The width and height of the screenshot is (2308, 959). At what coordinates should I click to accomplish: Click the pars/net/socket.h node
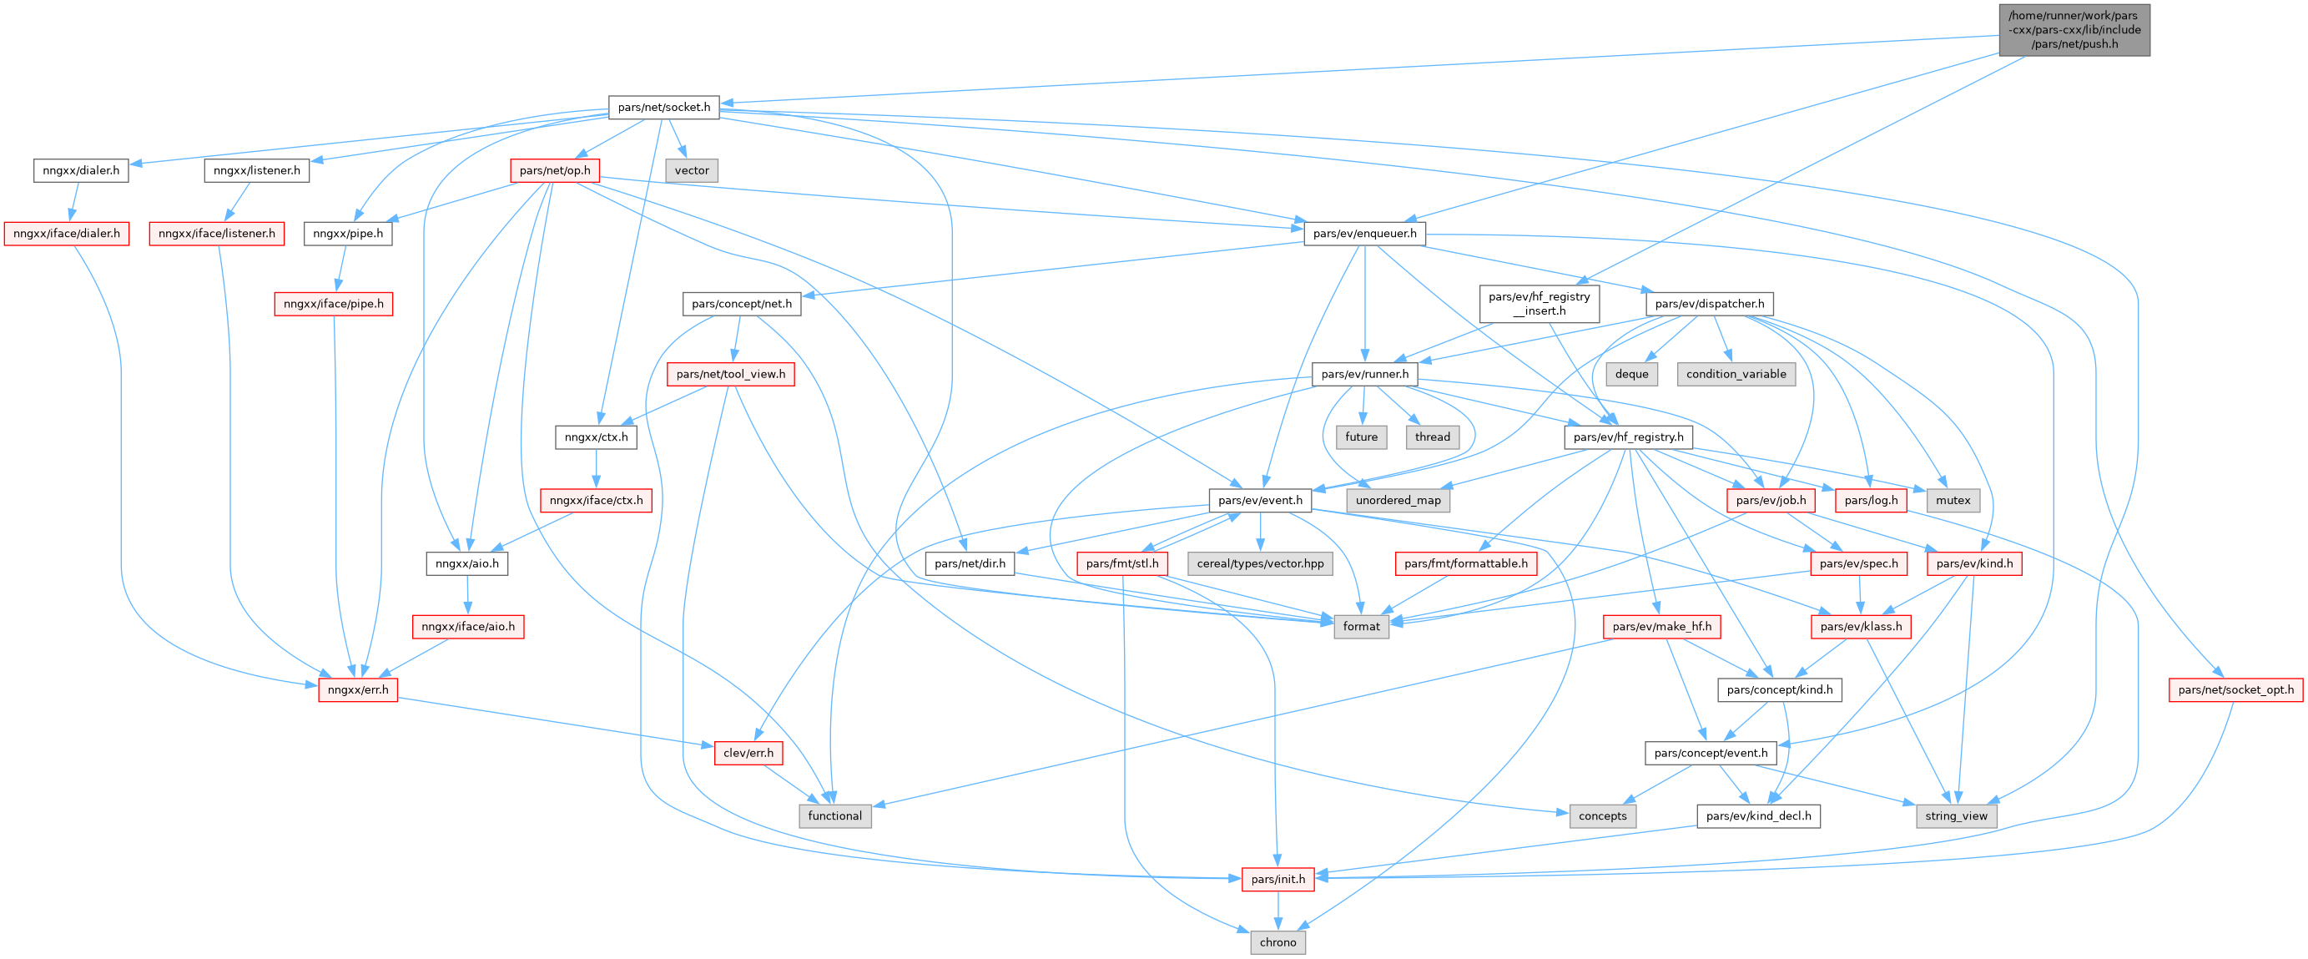[x=663, y=108]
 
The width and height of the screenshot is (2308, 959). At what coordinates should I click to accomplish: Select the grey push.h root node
[x=2074, y=29]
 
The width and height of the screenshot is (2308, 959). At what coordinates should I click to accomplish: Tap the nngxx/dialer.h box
[x=81, y=170]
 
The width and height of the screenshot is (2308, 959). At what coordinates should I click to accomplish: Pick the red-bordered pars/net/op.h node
[x=555, y=170]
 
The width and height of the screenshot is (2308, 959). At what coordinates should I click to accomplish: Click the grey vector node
[x=692, y=170]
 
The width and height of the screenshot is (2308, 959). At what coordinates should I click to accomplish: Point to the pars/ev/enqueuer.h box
[x=1364, y=234]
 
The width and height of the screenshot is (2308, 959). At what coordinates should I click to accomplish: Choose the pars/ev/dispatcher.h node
[x=1709, y=304]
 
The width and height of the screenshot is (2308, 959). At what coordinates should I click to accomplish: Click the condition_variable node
[x=1736, y=374]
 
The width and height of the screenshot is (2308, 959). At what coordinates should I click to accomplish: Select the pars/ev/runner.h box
[x=1364, y=374]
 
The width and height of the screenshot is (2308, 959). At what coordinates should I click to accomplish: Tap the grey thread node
[x=1432, y=437]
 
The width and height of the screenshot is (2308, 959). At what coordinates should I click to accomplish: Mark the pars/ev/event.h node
[x=1260, y=500]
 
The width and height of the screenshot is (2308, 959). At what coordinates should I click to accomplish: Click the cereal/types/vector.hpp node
[x=1260, y=563]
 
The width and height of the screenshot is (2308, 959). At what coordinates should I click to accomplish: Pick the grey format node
[x=1361, y=627]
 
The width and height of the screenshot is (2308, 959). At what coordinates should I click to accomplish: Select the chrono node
[x=1277, y=943]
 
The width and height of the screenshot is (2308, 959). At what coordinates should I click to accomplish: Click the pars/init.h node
[x=1277, y=879]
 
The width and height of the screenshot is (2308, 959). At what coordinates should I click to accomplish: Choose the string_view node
[x=1956, y=816]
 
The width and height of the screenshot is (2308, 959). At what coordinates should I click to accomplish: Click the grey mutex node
[x=1953, y=500]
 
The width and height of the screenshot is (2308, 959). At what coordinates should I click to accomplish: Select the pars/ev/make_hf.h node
[x=1661, y=627]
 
